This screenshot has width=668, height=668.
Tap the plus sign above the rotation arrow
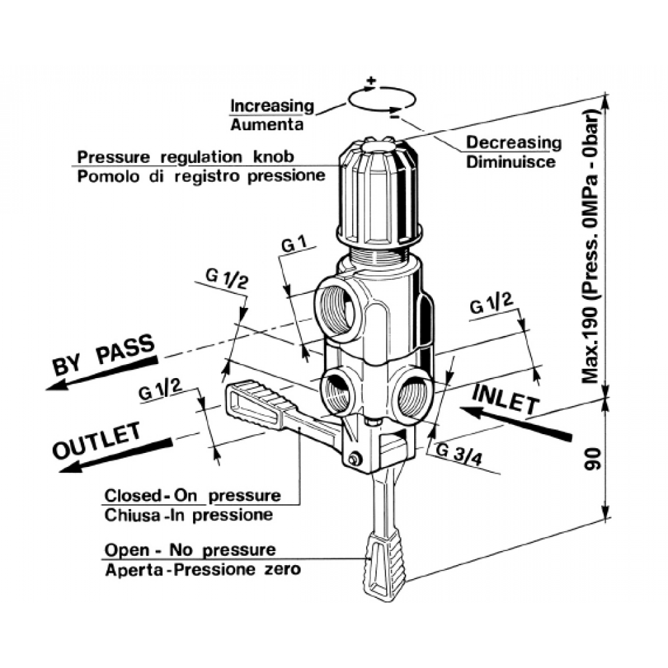[372, 82]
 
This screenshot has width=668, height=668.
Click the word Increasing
[272, 106]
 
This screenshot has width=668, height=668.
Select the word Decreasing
[514, 142]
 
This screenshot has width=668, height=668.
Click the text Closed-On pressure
[192, 496]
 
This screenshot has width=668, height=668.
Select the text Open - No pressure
[190, 550]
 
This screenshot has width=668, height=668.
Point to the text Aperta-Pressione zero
[203, 570]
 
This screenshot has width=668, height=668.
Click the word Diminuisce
[510, 162]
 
